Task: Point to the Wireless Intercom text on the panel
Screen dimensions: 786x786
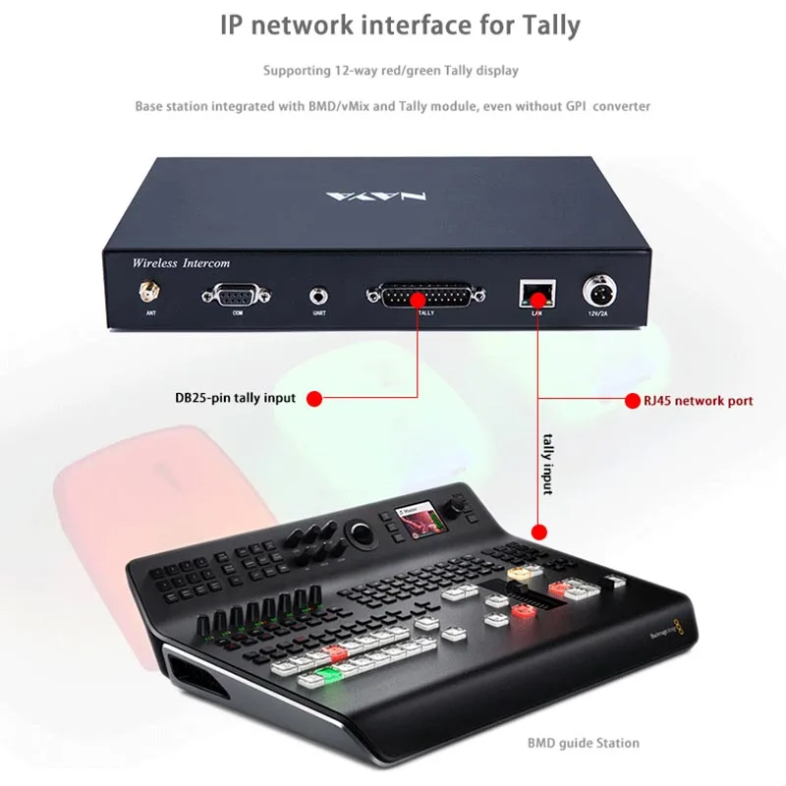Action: point(181,263)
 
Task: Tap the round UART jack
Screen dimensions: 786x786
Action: point(319,294)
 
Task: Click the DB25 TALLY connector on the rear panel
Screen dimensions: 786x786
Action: point(424,294)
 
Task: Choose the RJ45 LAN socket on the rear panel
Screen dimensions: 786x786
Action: point(536,292)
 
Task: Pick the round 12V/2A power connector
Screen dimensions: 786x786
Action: point(598,293)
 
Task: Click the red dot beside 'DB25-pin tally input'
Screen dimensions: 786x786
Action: point(314,398)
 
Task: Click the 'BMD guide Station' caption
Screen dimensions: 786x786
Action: point(583,743)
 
